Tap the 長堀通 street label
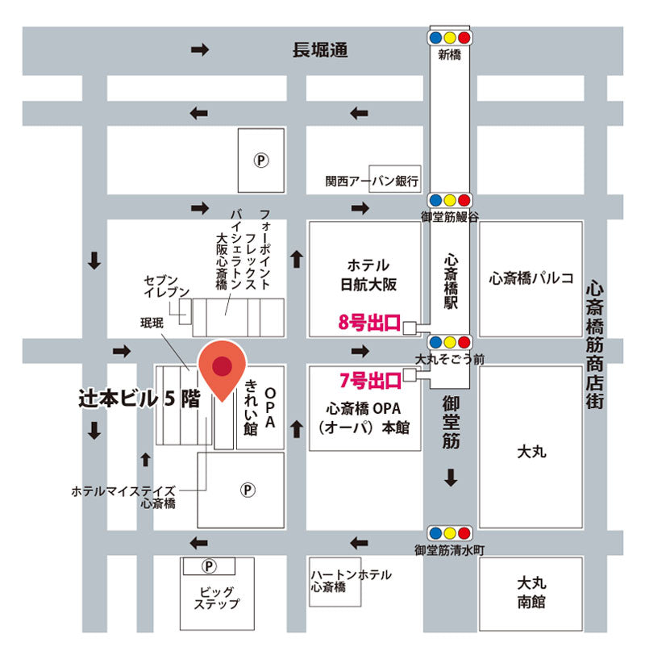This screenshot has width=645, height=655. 320,51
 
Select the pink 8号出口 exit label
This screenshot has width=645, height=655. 369,324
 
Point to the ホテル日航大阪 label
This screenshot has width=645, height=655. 368,274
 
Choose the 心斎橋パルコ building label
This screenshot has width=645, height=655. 531,278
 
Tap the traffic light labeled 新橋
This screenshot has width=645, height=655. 450,38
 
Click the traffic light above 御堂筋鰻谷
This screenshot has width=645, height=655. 450,199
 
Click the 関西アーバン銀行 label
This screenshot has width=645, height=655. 372,181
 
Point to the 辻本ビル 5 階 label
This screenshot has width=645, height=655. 139,398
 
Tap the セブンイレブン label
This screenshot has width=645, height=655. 166,286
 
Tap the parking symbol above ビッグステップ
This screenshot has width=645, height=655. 209,565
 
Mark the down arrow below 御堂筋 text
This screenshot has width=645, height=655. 450,478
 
